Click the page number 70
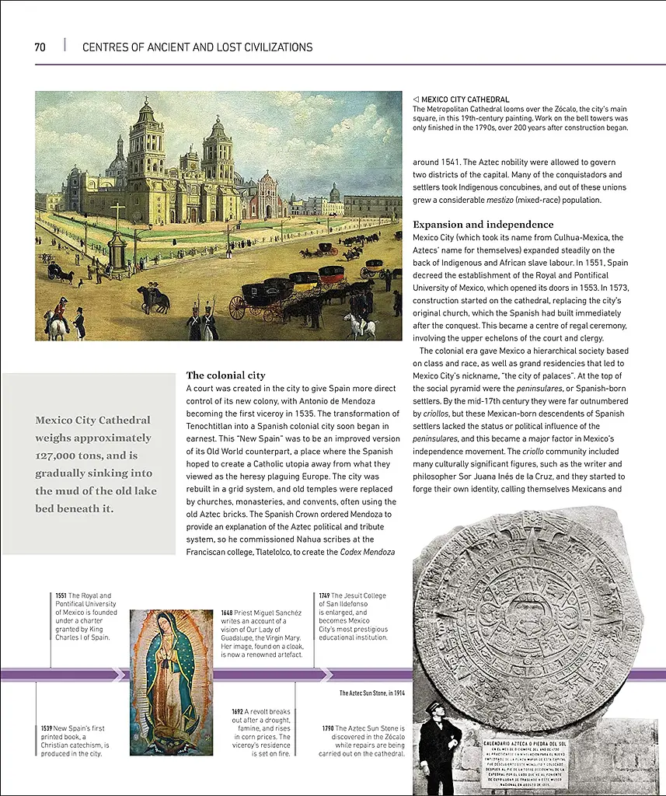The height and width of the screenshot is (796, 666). [x=40, y=47]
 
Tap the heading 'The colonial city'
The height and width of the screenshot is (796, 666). [x=225, y=375]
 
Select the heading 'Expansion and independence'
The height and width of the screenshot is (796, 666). [x=483, y=225]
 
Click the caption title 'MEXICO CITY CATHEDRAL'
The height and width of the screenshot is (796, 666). [x=465, y=99]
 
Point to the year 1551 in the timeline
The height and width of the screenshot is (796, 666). [x=61, y=596]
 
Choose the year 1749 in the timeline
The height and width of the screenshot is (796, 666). [x=324, y=596]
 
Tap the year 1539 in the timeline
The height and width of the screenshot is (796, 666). [x=47, y=728]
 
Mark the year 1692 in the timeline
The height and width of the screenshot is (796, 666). [x=238, y=711]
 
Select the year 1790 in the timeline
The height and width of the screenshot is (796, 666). [x=328, y=728]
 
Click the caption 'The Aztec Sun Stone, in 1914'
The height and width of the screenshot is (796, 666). [x=371, y=693]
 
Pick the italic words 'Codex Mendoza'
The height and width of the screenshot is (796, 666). [x=367, y=552]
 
